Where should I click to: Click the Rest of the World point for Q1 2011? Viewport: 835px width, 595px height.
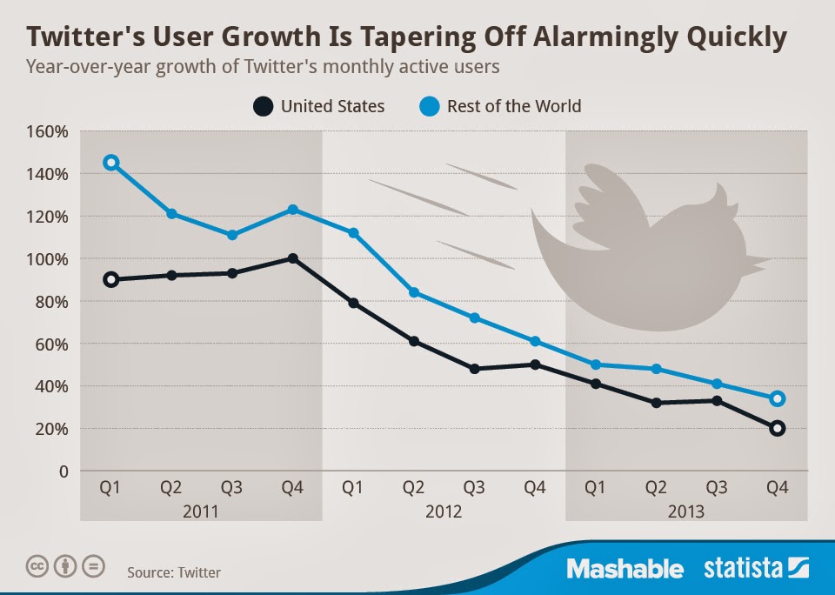[110, 163]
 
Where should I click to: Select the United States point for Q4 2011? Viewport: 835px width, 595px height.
[293, 258]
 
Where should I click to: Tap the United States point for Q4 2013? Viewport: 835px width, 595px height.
[777, 428]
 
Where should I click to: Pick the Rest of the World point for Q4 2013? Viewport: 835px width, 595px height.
[777, 398]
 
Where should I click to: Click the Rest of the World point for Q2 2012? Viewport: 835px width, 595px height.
[414, 292]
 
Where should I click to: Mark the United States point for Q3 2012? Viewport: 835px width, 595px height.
[475, 369]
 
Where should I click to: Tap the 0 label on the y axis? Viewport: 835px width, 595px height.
[63, 471]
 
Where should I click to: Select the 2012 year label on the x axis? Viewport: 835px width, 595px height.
[444, 511]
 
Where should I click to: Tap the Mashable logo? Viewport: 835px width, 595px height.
[625, 570]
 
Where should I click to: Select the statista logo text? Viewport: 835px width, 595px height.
[744, 570]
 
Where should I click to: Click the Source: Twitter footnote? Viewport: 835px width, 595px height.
[174, 572]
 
